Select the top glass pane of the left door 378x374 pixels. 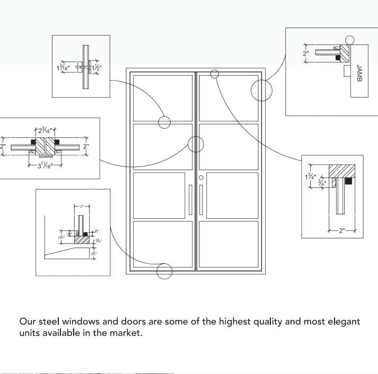(x=163, y=97)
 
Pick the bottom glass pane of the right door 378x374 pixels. (x=228, y=244)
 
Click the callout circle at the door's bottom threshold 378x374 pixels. (x=165, y=272)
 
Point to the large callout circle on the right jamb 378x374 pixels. (x=261, y=91)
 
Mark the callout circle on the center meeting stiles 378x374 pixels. (x=196, y=144)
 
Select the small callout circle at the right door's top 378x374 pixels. (x=215, y=74)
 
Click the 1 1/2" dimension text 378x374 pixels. (x=96, y=67)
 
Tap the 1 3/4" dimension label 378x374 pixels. (x=311, y=177)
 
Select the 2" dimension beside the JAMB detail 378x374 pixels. (x=305, y=54)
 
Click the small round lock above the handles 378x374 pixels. (x=201, y=178)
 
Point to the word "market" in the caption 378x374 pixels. (x=126, y=334)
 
